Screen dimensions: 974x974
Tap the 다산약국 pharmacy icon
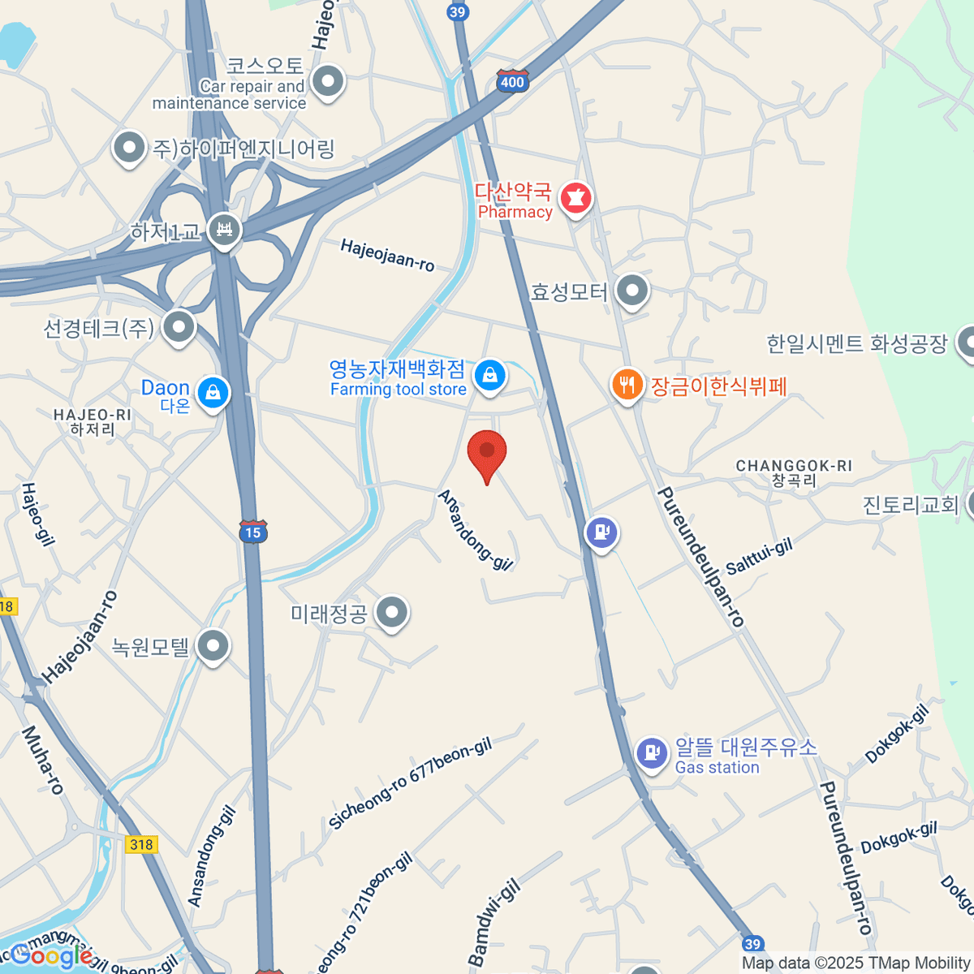click(575, 198)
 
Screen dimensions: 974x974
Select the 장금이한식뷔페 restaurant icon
click(627, 385)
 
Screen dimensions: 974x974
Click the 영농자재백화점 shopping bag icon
click(489, 376)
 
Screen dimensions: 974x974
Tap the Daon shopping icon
click(213, 393)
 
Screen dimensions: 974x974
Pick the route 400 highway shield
click(512, 81)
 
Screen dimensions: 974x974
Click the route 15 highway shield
click(253, 532)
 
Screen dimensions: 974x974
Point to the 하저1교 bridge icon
click(224, 231)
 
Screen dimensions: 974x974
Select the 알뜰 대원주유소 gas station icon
click(651, 752)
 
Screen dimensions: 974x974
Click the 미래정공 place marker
click(392, 613)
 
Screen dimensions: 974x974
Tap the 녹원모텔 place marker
click(213, 647)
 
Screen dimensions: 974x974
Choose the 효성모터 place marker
click(631, 290)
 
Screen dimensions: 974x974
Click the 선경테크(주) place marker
click(179, 327)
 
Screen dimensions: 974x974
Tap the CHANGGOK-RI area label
click(794, 472)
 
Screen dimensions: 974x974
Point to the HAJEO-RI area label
click(92, 421)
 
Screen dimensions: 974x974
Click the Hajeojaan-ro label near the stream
click(387, 255)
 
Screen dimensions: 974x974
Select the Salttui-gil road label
click(759, 557)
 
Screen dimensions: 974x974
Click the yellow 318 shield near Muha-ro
click(141, 844)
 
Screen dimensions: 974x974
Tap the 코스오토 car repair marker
click(328, 81)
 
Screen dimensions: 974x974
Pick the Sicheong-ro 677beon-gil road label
click(410, 784)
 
